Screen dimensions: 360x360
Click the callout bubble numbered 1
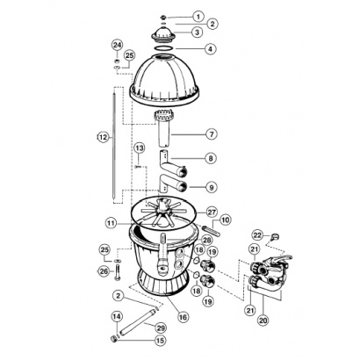click(x=198, y=17)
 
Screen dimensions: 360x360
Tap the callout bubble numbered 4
click(x=210, y=49)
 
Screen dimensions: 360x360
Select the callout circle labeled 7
click(x=212, y=134)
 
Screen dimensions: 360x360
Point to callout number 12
click(x=103, y=137)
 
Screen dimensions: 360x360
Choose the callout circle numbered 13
click(x=140, y=148)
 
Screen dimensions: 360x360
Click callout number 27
click(x=212, y=212)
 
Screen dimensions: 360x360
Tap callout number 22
click(x=258, y=235)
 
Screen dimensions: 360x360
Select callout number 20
click(x=263, y=320)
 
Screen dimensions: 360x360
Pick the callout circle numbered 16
click(x=183, y=317)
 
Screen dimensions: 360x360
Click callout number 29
click(x=161, y=328)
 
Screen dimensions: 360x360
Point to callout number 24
click(x=117, y=45)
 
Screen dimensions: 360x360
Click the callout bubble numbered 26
click(x=104, y=271)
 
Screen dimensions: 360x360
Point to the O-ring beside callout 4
click(x=163, y=47)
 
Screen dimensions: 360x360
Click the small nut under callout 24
click(x=117, y=61)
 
